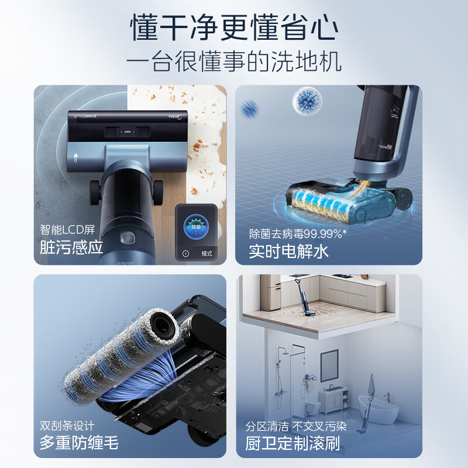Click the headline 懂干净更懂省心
[234, 28]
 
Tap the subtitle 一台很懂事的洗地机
[234, 62]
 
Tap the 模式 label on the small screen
[207, 254]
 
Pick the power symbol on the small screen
[185, 254]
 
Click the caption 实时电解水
[289, 251]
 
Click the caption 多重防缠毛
[79, 442]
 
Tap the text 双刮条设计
[67, 425]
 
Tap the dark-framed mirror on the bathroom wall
[329, 365]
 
